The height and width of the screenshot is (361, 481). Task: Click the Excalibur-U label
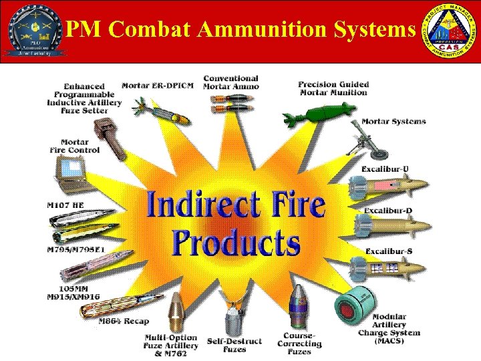pos(387,168)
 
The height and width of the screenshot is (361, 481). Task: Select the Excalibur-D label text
pos(388,211)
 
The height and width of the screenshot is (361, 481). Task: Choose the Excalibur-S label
pos(388,251)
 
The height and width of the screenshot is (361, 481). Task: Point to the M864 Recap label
pos(124,322)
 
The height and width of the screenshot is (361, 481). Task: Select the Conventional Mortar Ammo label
pos(231,83)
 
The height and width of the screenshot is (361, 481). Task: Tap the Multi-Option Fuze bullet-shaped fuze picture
pos(176,314)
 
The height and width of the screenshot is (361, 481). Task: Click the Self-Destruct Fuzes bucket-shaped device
pos(234,320)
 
